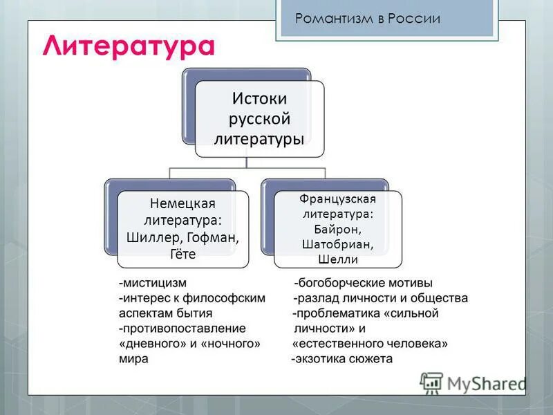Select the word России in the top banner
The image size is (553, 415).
click(415, 19)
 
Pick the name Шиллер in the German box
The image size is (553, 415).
click(152, 238)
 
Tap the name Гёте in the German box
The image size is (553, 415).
click(182, 255)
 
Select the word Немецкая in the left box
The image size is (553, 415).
click(183, 204)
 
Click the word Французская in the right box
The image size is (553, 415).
click(338, 198)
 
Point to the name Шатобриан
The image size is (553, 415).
click(338, 244)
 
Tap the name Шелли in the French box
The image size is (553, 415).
click(338, 260)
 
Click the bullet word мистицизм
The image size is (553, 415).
click(154, 283)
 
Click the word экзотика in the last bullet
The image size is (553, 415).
click(322, 359)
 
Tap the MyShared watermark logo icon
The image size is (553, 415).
click(431, 382)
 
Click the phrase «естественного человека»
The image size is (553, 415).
click(370, 344)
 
